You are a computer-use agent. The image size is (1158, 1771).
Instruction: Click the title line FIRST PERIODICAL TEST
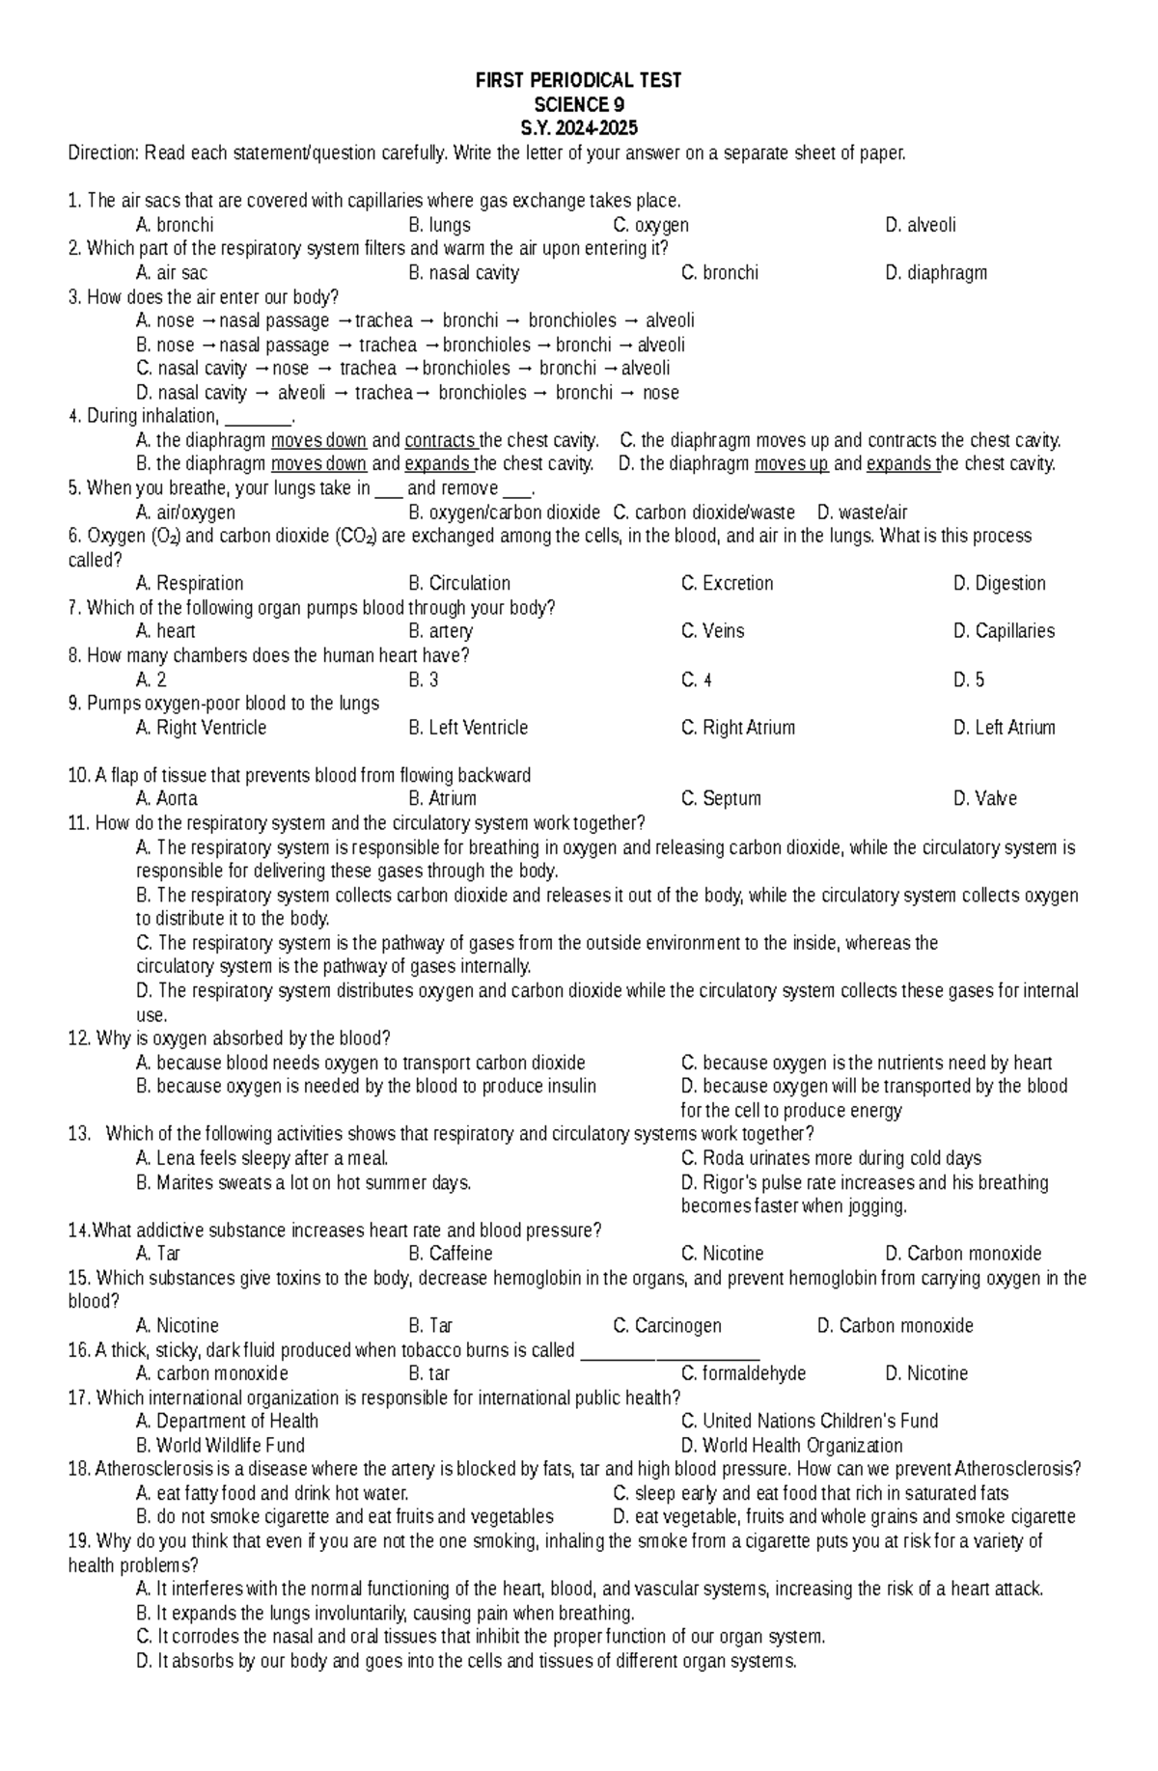(578, 81)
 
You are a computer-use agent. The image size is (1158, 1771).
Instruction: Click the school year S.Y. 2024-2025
(578, 128)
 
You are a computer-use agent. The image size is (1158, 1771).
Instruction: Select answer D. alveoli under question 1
(920, 225)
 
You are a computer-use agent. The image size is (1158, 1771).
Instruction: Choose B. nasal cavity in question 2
(463, 273)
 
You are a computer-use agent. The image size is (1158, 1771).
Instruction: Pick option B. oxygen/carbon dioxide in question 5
(504, 512)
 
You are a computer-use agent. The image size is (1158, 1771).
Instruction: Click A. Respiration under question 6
(189, 583)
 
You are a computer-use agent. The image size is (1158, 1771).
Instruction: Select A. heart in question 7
(166, 631)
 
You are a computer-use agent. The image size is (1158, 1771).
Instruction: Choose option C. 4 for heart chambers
(696, 679)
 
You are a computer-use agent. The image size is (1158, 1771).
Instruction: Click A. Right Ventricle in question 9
(201, 728)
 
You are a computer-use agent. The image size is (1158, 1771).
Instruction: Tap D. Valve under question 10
(984, 799)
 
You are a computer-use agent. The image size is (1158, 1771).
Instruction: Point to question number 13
(78, 1134)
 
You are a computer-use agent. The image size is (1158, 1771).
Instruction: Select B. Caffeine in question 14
(450, 1254)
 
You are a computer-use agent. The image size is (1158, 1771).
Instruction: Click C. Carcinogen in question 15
(667, 1326)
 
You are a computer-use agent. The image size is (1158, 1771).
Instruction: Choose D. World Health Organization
(791, 1446)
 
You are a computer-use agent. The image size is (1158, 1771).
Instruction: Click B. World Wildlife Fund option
(220, 1446)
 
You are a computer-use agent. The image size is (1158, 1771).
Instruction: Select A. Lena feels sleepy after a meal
(262, 1158)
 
